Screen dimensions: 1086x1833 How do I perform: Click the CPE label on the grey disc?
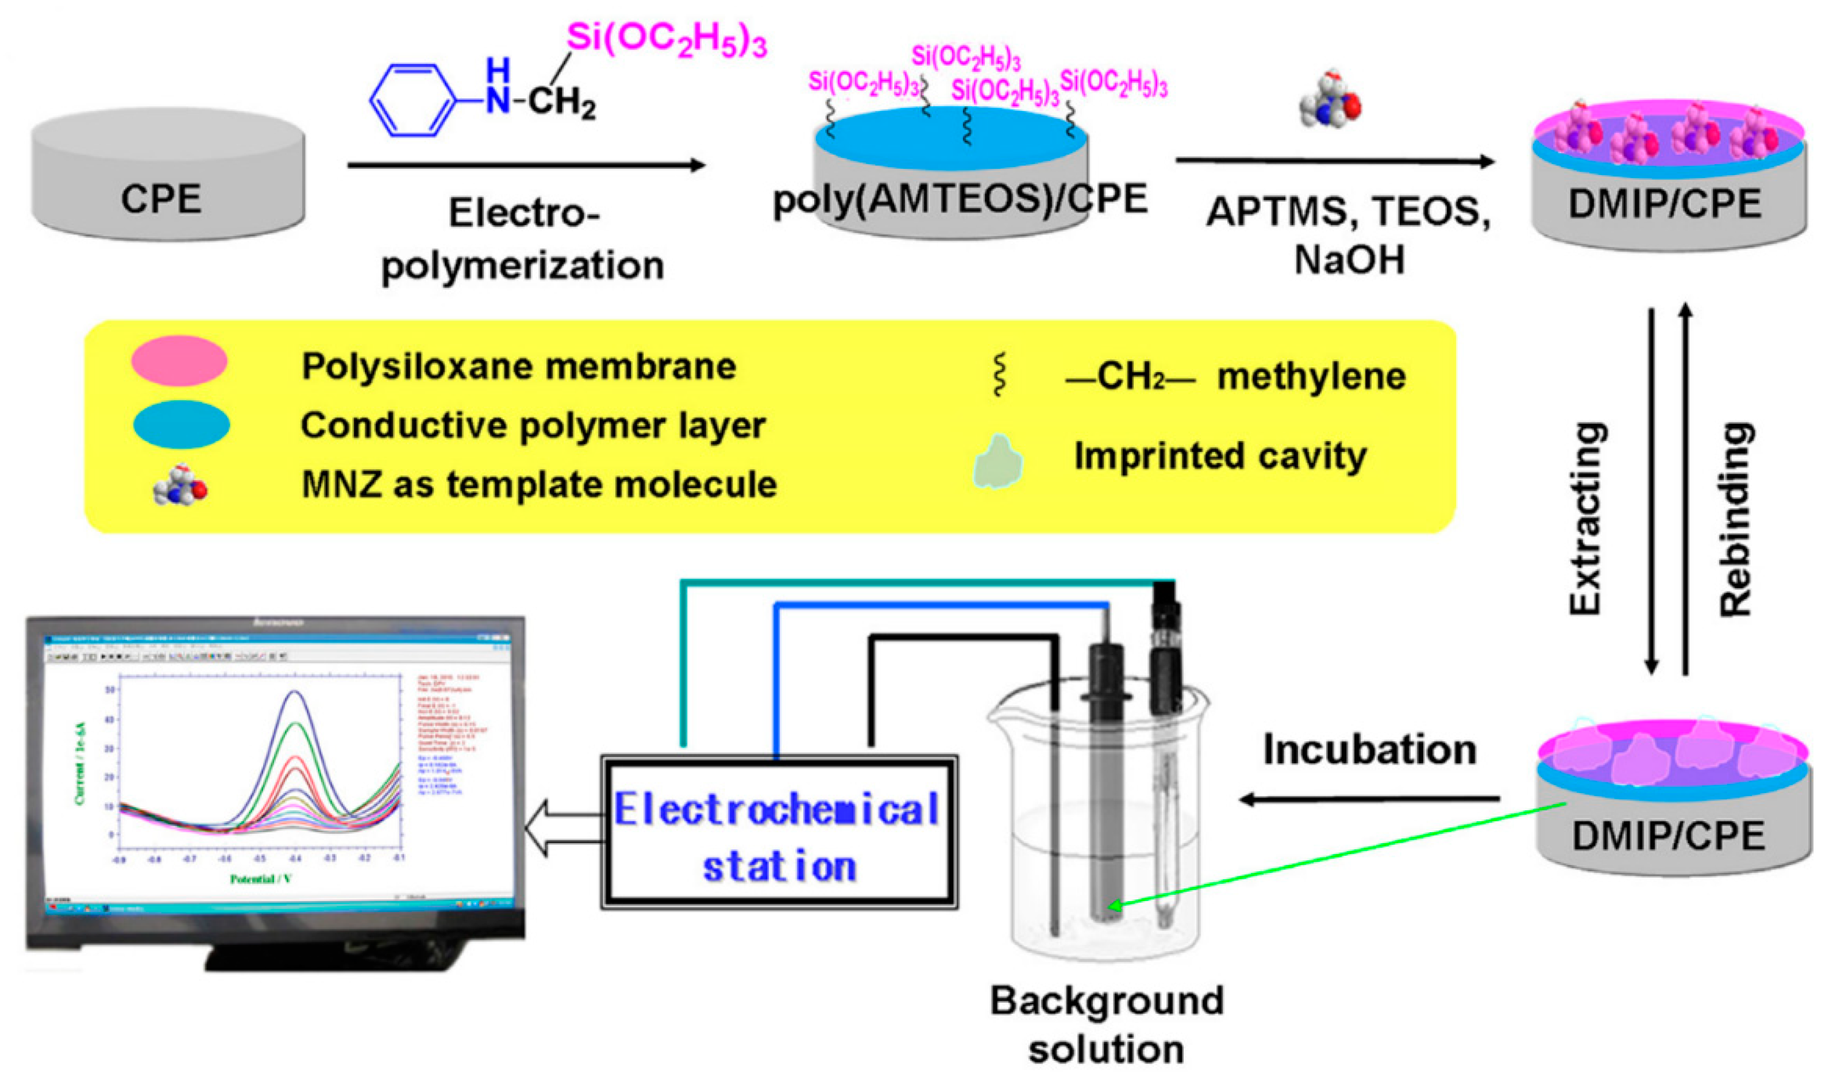pos(161,199)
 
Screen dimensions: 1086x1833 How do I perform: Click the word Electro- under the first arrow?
pos(524,214)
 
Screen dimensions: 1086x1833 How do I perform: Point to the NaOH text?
pos(1349,260)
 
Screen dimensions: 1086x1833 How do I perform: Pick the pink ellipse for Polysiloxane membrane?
pos(179,361)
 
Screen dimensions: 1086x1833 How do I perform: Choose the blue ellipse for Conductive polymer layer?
pos(182,424)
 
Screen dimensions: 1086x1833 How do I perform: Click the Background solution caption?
pos(1106,1025)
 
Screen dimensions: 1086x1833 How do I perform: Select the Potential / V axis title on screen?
pos(261,879)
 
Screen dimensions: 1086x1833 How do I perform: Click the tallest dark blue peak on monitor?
pos(295,692)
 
